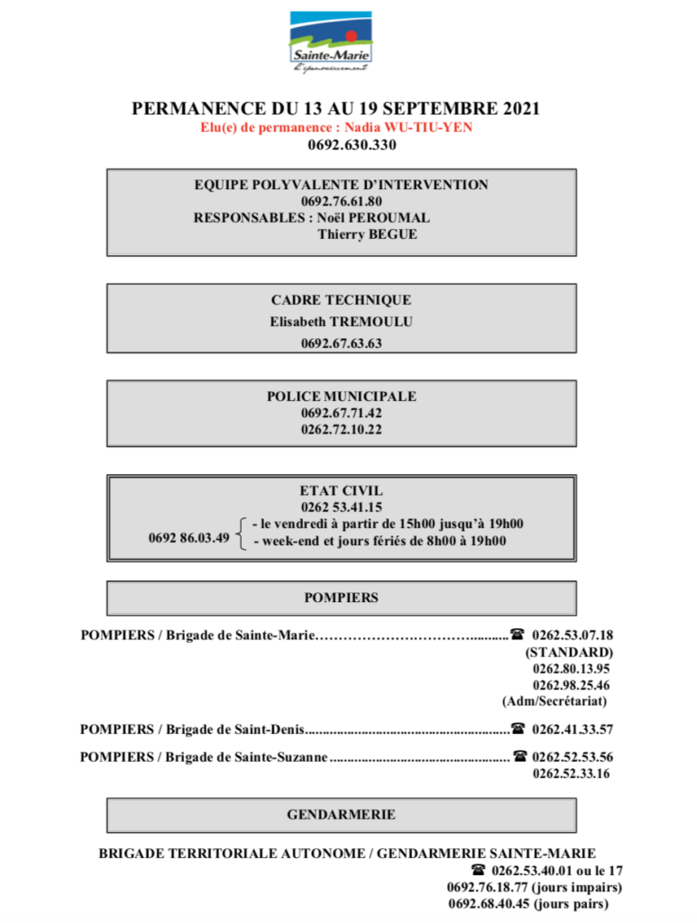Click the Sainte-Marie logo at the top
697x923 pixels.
tap(331, 41)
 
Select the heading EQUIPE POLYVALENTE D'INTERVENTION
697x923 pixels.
tap(342, 185)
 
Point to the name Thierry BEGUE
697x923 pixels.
tap(367, 234)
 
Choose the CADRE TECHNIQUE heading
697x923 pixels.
tap(341, 300)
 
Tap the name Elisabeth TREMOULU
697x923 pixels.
tap(341, 321)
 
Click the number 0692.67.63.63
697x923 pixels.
tap(342, 343)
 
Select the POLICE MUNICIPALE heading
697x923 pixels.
tap(342, 397)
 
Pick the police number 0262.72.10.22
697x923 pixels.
tap(342, 430)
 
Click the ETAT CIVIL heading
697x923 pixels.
tap(342, 491)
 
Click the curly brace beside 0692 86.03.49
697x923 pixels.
tap(240, 533)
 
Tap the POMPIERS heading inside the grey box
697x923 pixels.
tap(342, 598)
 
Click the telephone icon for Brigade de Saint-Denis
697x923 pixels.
tap(518, 728)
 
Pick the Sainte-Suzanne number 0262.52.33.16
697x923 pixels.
tap(572, 773)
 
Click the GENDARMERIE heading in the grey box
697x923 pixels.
tap(342, 814)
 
